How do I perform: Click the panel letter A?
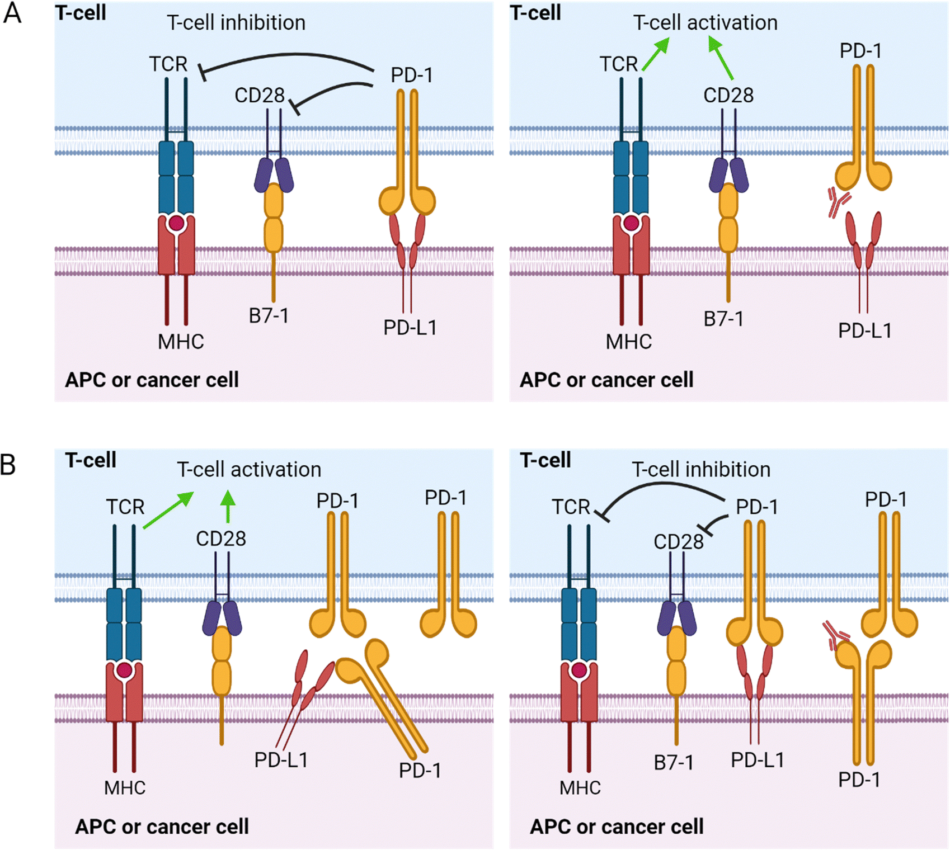point(12,12)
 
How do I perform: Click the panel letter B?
point(8,465)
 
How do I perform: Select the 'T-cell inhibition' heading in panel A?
point(236,23)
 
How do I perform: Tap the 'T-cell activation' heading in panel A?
point(705,23)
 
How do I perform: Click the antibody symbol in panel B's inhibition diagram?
point(836,635)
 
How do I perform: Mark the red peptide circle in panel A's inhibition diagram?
point(176,224)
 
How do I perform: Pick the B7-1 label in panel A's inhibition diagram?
point(269,316)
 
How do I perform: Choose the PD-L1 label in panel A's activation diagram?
point(864,330)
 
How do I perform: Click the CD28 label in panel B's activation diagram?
point(221,539)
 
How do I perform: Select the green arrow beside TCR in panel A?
point(656,54)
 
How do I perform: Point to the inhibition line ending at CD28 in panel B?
point(716,523)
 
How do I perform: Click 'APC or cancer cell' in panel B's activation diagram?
point(162,827)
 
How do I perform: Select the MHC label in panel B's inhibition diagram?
point(580,788)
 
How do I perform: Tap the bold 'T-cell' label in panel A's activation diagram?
point(535,13)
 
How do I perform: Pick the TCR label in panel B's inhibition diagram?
point(571,507)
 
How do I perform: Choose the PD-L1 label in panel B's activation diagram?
point(281,760)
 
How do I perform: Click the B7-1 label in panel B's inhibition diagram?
point(674,763)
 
